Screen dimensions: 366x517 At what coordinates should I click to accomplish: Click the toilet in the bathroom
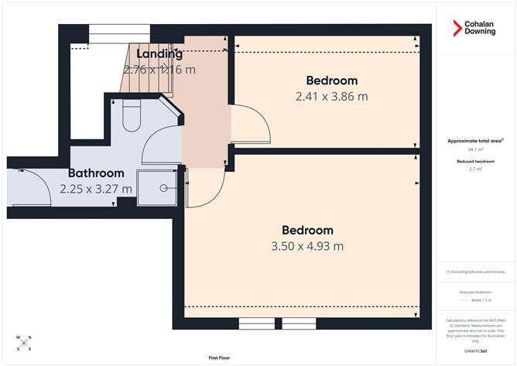point(131,118)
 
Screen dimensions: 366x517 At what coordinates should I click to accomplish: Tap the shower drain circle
point(163,186)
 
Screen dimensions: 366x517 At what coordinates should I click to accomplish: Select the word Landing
point(159,54)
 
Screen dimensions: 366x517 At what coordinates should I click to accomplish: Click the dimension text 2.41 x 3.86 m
point(331,97)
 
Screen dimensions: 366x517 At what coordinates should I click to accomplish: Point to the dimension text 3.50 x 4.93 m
point(307,246)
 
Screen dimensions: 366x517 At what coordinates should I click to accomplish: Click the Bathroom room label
point(96,173)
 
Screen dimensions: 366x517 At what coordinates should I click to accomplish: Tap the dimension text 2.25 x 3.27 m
point(95,188)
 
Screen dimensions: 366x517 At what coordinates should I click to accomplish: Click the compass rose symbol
point(23,341)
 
